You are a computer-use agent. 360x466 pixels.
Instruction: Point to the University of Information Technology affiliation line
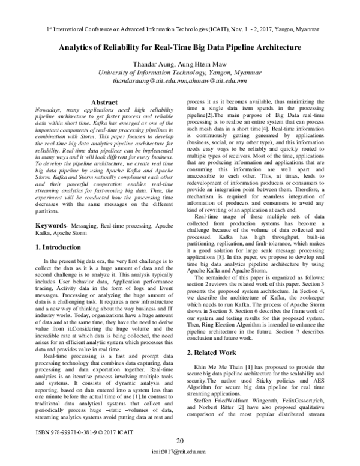179,74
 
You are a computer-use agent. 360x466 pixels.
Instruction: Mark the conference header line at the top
179,28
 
